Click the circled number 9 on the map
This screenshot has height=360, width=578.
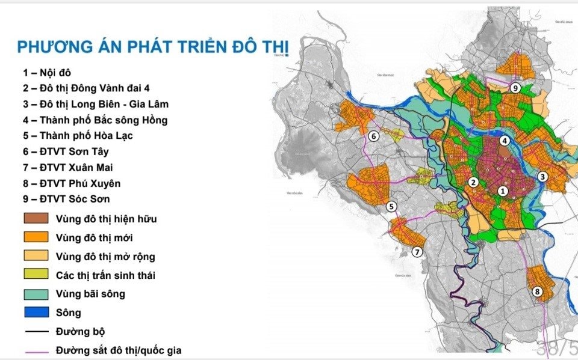point(515,88)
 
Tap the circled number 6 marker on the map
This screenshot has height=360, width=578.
point(373,136)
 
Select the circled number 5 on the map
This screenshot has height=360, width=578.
point(391,207)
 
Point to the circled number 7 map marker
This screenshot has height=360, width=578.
point(417,252)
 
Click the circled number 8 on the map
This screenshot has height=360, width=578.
point(538,292)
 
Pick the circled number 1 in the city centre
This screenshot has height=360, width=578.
point(503,191)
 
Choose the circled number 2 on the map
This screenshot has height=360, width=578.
point(474,182)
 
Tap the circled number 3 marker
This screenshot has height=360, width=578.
point(542,177)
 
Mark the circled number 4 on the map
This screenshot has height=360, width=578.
point(505,141)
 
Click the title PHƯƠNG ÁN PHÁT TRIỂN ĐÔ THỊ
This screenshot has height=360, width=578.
point(153,47)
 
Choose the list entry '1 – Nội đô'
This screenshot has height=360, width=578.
point(51,73)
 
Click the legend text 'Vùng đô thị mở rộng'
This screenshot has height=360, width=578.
point(105,257)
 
